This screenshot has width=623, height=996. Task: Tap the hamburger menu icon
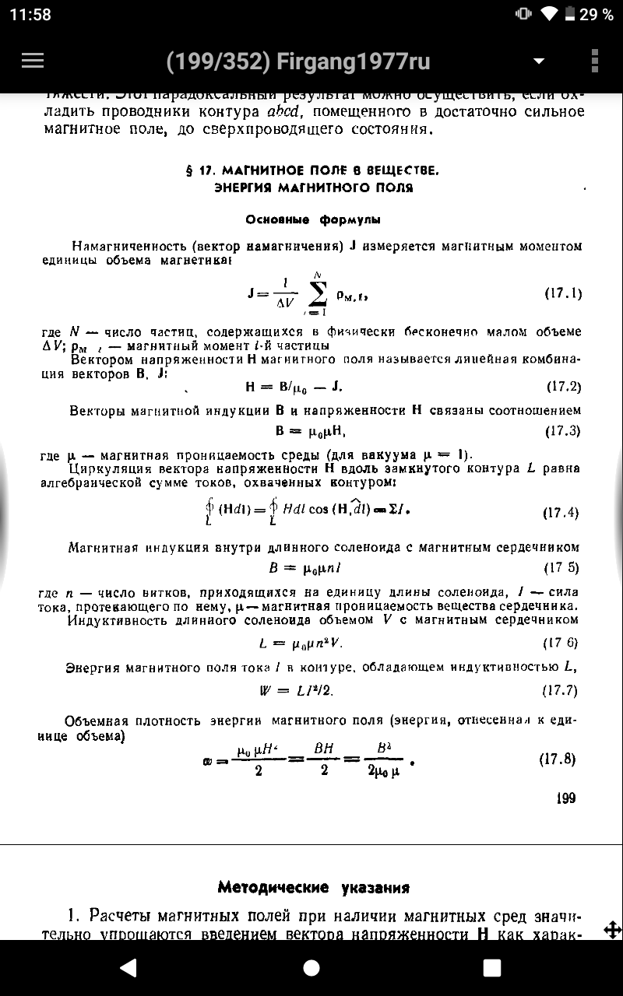(x=33, y=61)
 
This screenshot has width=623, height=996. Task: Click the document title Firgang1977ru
(x=298, y=61)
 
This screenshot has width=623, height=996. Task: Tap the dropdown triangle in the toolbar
(x=537, y=61)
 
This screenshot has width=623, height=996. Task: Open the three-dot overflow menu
(x=594, y=61)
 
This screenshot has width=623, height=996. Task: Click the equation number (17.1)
(x=562, y=293)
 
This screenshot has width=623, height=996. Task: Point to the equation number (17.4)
(x=561, y=513)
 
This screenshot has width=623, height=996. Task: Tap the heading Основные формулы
(x=313, y=219)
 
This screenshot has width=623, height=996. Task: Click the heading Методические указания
(x=314, y=887)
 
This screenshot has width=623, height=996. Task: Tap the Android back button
(x=128, y=967)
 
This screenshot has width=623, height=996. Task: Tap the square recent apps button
(x=492, y=967)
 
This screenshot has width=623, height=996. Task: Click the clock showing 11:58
(x=30, y=15)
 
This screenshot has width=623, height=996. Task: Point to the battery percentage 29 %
(x=597, y=15)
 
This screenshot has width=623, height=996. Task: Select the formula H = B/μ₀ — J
(x=294, y=387)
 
